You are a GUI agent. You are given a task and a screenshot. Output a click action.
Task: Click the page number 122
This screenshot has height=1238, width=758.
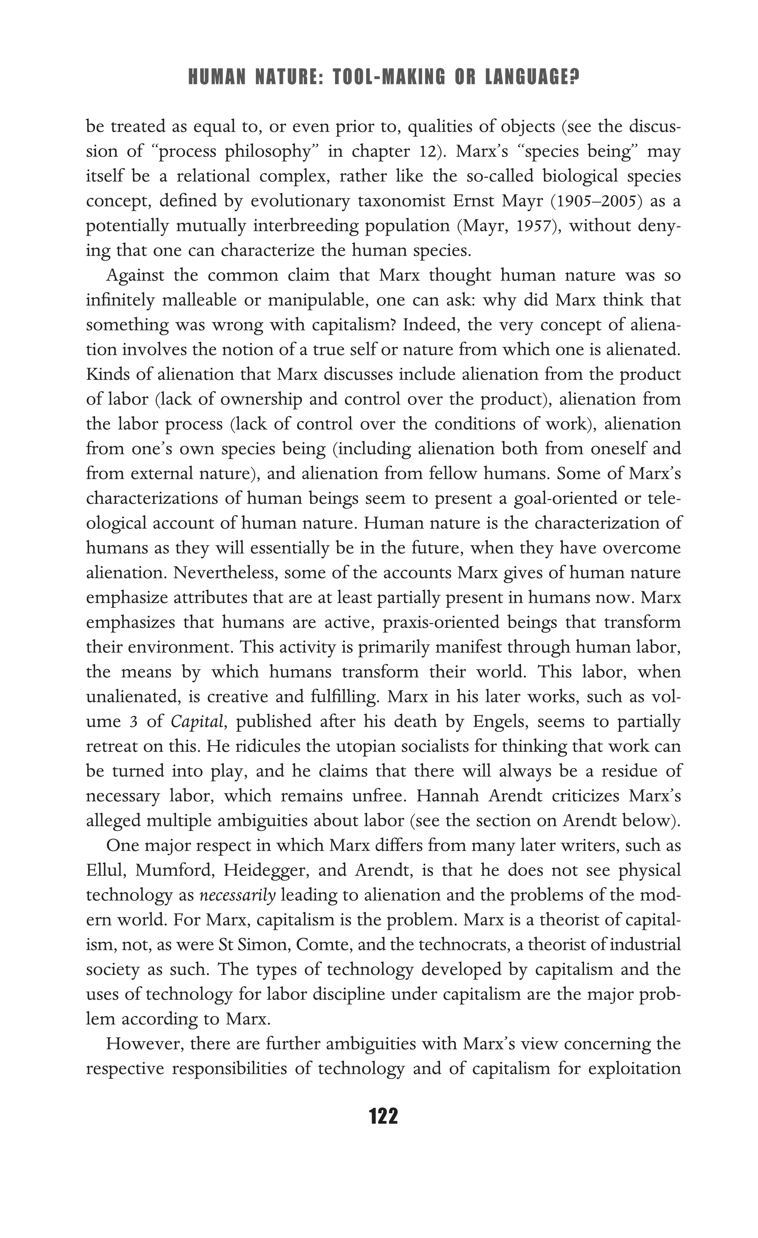[383, 1116]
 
